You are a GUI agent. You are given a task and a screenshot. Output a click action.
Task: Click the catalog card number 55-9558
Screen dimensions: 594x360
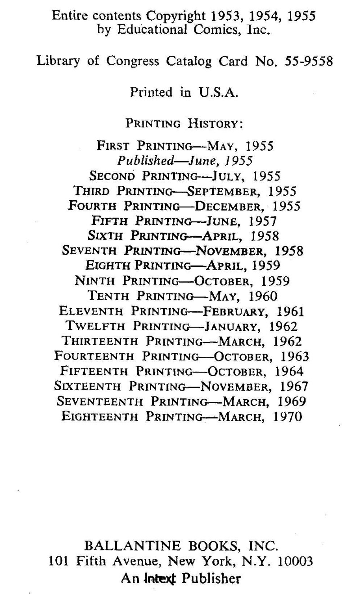pos(309,62)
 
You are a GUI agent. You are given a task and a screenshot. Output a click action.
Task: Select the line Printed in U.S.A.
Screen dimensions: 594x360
pos(184,92)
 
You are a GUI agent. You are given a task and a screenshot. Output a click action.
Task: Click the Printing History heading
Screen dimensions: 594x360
pos(184,123)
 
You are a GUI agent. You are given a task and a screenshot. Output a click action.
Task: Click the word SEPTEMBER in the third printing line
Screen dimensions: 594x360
pos(225,191)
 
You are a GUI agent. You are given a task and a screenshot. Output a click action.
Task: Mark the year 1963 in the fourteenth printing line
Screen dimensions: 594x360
pos(295,356)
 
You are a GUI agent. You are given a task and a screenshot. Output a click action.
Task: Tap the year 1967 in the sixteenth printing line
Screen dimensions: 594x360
pos(294,386)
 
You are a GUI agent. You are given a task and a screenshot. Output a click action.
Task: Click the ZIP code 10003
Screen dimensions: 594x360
pos(295,561)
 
